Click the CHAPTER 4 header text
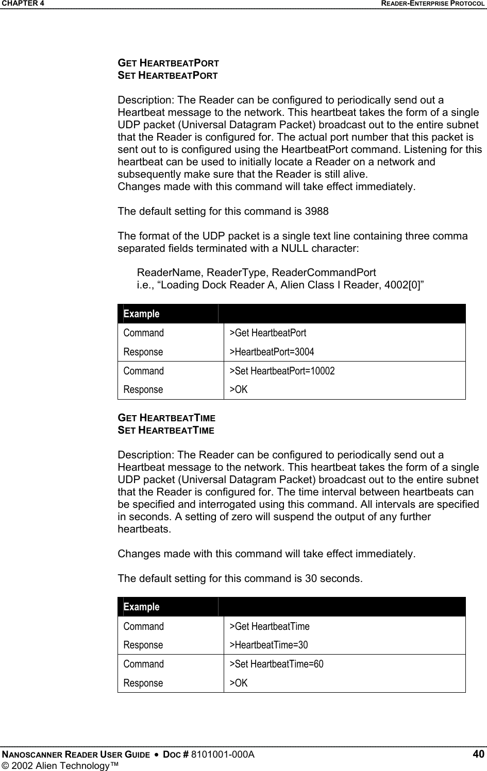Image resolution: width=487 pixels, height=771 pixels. tap(22, 4)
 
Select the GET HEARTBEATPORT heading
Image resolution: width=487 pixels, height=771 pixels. tap(169, 63)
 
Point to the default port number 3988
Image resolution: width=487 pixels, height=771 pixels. tap(316, 211)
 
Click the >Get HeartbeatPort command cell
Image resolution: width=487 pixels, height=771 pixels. tap(268, 333)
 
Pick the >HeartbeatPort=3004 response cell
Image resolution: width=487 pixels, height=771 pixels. tap(272, 352)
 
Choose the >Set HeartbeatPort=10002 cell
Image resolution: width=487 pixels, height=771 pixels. tap(282, 371)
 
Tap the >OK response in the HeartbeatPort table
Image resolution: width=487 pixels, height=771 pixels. tap(239, 390)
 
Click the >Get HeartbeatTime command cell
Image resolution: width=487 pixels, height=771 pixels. tap(270, 626)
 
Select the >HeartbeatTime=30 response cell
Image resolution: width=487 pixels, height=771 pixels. tap(268, 645)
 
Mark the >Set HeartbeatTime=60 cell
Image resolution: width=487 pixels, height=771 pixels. tap(276, 664)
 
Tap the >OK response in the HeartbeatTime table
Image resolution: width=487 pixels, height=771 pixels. tap(239, 683)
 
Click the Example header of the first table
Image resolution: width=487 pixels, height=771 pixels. tap(142, 314)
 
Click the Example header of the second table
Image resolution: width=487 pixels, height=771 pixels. tap(142, 607)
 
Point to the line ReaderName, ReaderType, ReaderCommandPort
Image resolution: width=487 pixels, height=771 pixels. tap(256, 272)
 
